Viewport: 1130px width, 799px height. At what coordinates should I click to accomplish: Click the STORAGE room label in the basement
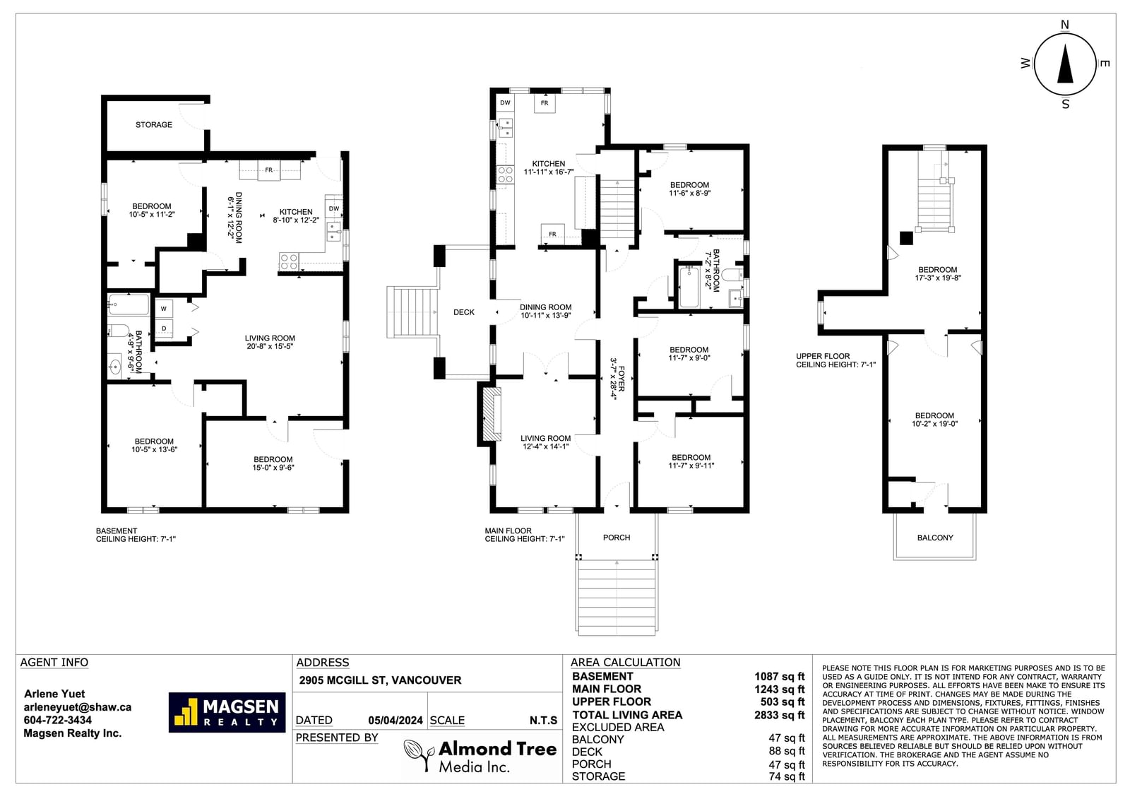(154, 124)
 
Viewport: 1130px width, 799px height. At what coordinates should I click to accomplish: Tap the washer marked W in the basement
(164, 309)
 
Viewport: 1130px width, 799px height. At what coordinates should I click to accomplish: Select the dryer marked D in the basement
(164, 329)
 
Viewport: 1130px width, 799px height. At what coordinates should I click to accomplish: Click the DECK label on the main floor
(463, 312)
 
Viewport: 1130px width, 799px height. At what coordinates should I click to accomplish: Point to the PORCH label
(617, 538)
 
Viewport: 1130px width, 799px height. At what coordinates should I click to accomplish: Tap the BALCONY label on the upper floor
(935, 538)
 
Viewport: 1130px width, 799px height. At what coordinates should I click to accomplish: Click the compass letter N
(1065, 25)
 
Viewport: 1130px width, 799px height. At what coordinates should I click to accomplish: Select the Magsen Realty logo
(227, 712)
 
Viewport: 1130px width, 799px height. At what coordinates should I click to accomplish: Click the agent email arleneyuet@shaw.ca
(78, 707)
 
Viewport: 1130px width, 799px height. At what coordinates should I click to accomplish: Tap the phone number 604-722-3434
(58, 721)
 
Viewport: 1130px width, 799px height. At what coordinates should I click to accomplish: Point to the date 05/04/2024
(395, 721)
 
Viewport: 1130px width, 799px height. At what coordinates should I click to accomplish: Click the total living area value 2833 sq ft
(780, 715)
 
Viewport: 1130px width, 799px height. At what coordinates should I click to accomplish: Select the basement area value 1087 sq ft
(780, 676)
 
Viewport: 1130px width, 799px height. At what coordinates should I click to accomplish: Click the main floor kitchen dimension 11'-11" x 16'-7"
(549, 172)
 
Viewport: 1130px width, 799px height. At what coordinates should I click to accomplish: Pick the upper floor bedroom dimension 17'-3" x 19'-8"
(938, 278)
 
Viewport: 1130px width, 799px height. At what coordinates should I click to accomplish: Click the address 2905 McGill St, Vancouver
(381, 680)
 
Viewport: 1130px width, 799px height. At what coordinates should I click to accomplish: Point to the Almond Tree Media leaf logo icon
(419, 756)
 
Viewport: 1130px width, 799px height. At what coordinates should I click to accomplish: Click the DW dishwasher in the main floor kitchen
(505, 102)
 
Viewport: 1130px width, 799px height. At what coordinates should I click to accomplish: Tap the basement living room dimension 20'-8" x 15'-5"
(270, 346)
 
